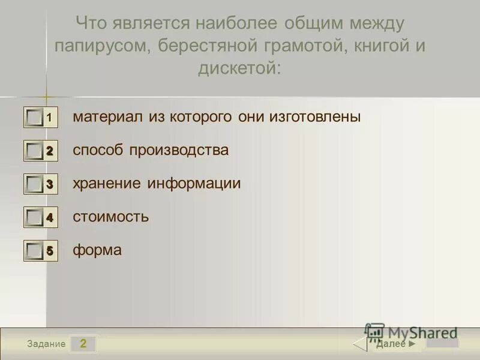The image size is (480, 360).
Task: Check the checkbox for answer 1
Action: point(35,118)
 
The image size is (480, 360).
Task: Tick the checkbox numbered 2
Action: point(35,151)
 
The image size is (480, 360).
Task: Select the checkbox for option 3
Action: point(35,184)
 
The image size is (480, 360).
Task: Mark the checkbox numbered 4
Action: point(35,218)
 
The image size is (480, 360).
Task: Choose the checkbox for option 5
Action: point(35,251)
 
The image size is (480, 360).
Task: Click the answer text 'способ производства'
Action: point(151,150)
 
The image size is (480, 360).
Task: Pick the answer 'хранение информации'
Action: point(157,184)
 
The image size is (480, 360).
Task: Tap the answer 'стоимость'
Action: point(111,217)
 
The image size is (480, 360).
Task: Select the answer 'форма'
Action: point(97,250)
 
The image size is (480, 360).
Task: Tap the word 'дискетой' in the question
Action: point(239,68)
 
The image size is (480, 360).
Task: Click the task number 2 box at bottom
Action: point(83,344)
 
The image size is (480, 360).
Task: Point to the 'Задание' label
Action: point(47,344)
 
